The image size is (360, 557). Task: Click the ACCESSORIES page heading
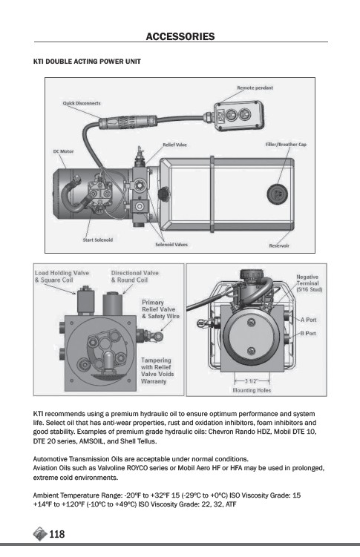[180, 36]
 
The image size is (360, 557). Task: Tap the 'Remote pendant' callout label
[255, 88]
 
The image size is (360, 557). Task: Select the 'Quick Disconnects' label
[82, 103]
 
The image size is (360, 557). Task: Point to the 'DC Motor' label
[63, 151]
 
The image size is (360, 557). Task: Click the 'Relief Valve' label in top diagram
[174, 145]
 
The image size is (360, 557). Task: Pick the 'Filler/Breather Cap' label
[286, 145]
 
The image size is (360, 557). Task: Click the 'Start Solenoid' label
[98, 240]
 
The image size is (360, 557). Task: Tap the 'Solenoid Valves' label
[171, 245]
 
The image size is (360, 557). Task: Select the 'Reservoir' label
[279, 245]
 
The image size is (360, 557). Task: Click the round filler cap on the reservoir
[277, 194]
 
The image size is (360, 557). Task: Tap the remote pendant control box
[238, 115]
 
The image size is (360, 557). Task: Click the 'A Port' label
[308, 320]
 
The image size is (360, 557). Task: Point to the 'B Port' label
[308, 333]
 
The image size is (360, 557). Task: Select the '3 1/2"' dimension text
[251, 381]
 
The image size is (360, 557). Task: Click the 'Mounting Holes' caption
[252, 390]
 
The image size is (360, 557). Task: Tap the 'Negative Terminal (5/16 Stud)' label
[309, 283]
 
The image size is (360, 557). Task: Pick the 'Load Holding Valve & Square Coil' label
[62, 277]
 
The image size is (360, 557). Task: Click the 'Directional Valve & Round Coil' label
[134, 277]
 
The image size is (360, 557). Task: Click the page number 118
[57, 534]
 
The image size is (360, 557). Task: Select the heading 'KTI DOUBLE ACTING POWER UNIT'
[87, 62]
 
